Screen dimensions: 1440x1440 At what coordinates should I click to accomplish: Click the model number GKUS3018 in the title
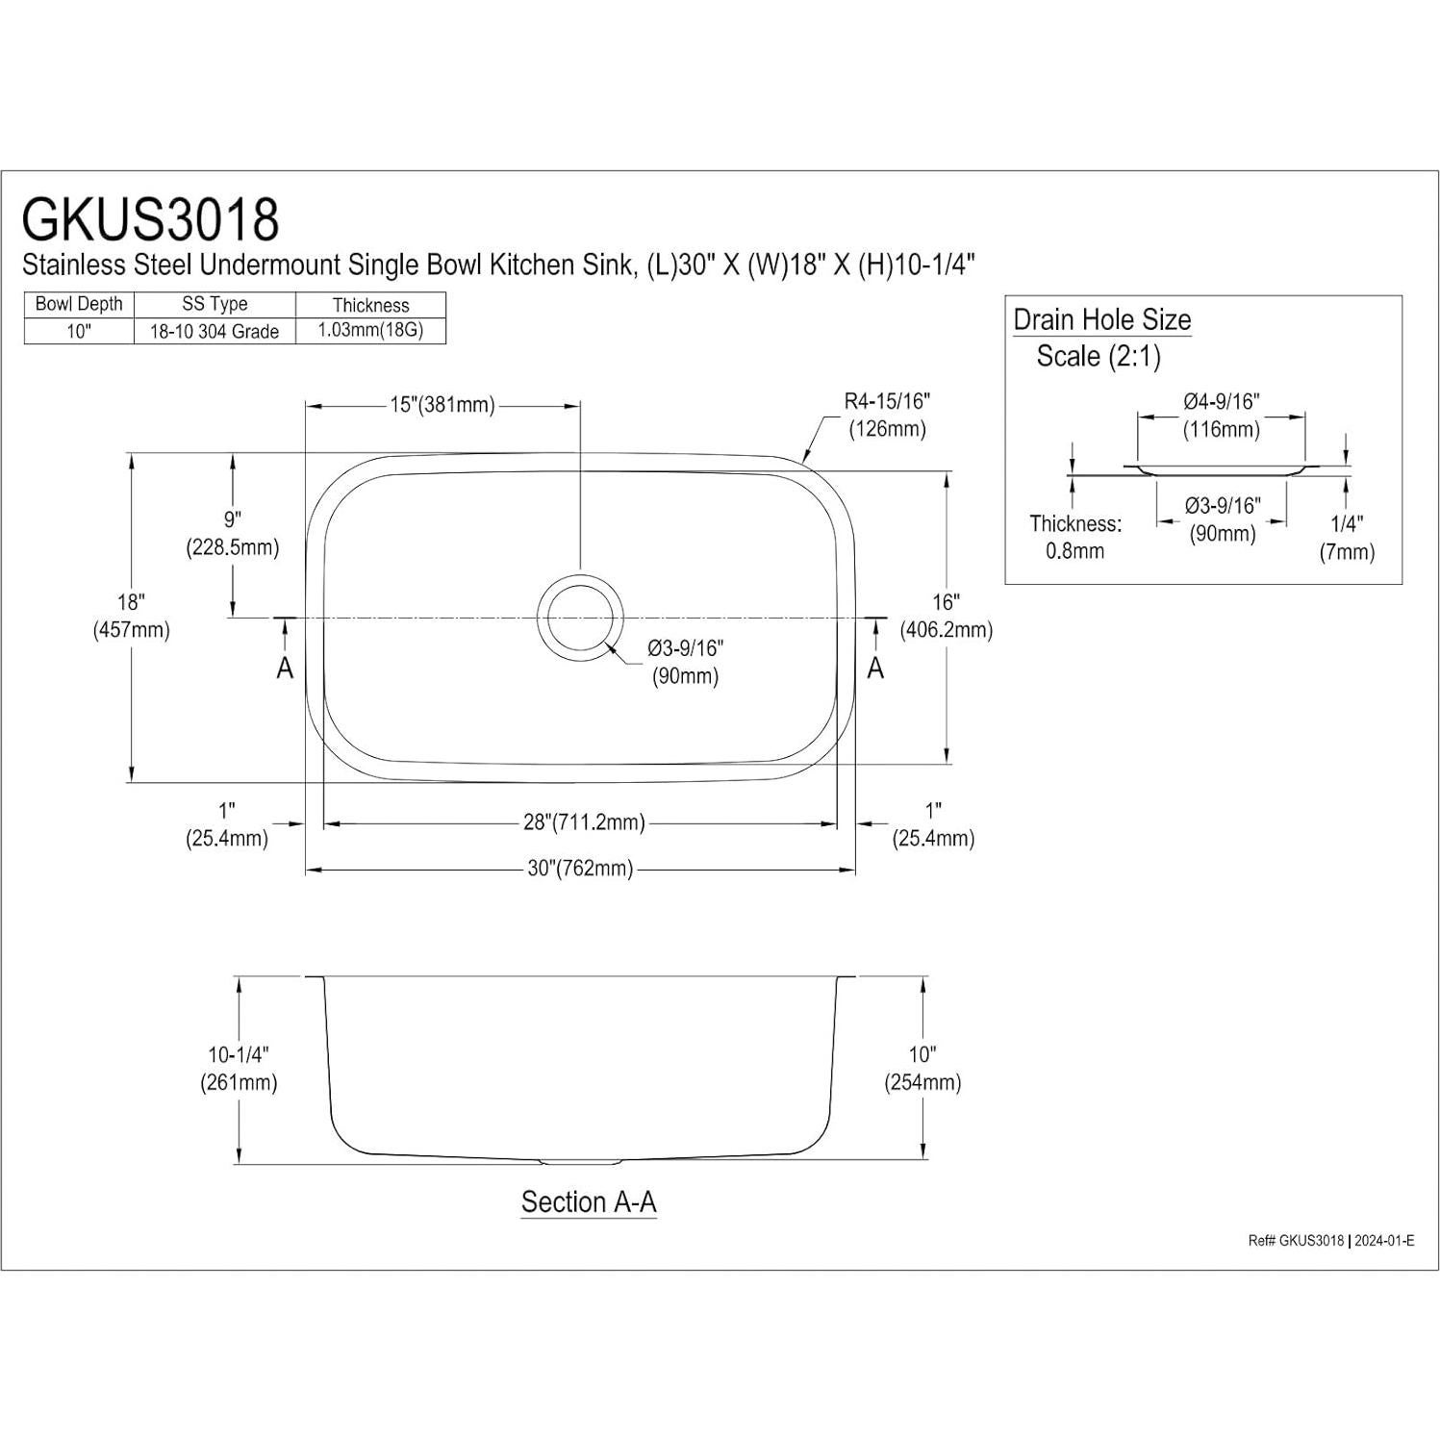[151, 219]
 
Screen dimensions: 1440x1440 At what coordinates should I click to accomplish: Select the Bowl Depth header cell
[79, 304]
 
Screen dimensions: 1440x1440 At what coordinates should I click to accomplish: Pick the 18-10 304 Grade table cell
[215, 331]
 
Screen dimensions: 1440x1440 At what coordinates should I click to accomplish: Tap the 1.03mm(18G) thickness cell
[370, 330]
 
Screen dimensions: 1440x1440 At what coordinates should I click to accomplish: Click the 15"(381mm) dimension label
[442, 405]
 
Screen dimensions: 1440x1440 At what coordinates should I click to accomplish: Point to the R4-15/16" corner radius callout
[887, 415]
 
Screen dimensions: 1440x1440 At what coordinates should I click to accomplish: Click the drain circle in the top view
[580, 618]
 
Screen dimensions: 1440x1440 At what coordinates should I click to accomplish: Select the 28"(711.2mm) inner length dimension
[584, 822]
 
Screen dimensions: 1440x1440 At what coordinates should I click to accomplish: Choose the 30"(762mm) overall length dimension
[580, 869]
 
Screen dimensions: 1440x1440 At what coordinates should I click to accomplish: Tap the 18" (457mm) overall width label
[131, 617]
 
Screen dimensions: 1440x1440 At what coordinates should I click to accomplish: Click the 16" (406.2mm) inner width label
[947, 617]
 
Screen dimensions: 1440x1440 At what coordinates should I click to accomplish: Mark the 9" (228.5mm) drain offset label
[232, 534]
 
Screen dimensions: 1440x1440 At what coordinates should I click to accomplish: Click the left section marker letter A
[285, 668]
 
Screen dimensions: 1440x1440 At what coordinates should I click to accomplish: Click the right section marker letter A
[875, 668]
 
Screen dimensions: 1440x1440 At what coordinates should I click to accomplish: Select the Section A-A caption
[589, 1202]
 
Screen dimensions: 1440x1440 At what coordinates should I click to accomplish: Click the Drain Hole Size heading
[1102, 319]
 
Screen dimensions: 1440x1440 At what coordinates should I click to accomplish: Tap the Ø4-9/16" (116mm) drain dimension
[1221, 415]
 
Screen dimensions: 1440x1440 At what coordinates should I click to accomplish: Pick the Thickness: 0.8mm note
[1075, 537]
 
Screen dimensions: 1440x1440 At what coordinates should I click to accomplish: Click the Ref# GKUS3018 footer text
[1295, 1241]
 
